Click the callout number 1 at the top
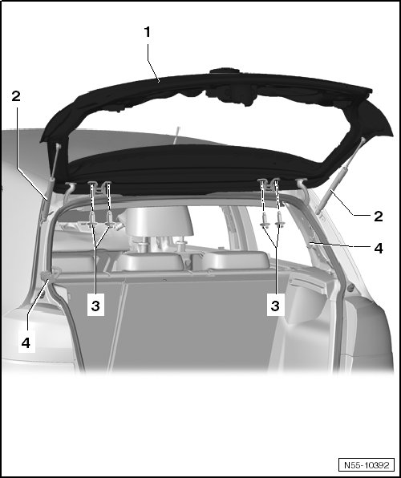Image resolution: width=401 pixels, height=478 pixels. coord(148,32)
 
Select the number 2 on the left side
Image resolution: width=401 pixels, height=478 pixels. coord(16,96)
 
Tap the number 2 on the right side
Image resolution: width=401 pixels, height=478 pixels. coord(378,217)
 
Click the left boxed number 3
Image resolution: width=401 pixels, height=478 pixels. coord(95,305)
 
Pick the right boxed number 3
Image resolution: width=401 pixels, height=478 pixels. coord(275,305)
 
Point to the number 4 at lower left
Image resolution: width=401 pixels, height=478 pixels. coord(26,343)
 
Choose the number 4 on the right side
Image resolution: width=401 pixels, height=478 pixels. coord(378,249)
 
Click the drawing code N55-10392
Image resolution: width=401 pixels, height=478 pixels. coord(367,465)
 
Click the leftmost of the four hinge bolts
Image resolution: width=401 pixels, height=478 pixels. coord(91,222)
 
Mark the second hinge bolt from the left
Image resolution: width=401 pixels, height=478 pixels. coord(109,222)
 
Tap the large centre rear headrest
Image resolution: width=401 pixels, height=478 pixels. coord(159,221)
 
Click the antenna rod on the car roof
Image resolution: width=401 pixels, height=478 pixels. coord(176,135)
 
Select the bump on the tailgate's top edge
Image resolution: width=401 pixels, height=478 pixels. coord(225,71)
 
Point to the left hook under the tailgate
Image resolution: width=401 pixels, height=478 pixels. coord(69,192)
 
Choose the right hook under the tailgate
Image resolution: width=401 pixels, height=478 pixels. coord(303,189)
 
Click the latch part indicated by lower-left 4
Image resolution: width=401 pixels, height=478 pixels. coord(51,273)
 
